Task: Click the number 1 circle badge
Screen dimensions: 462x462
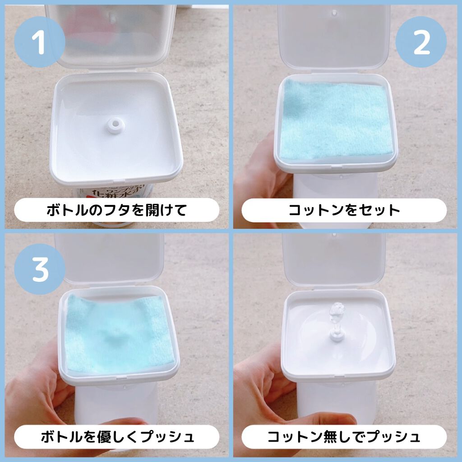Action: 40,42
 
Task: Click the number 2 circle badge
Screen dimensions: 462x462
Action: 421,42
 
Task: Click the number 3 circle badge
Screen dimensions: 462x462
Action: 40,269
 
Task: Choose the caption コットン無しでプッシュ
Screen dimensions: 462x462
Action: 344,437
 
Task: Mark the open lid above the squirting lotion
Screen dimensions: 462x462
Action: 334,259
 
